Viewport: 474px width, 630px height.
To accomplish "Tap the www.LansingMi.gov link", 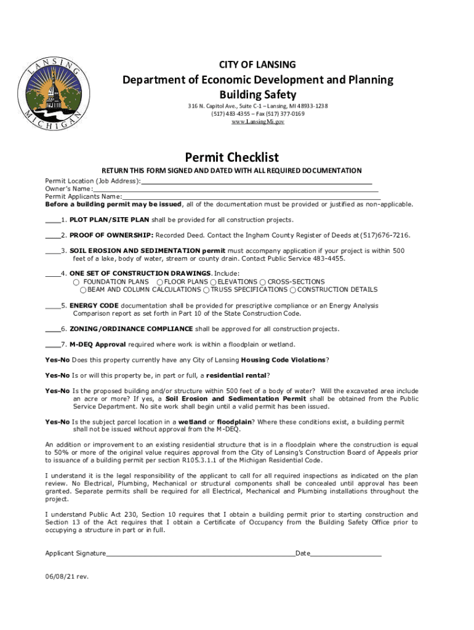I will [x=257, y=122].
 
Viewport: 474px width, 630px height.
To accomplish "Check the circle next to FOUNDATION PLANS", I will [x=76, y=282].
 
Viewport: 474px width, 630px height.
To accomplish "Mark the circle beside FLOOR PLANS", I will [x=159, y=282].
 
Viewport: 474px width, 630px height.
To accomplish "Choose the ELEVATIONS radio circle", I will [x=214, y=282].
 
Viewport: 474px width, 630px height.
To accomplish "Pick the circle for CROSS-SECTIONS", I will [x=263, y=282].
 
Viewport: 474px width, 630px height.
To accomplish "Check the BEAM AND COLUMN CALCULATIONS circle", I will [x=84, y=290].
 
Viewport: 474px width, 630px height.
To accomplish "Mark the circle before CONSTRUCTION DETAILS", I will [x=293, y=290].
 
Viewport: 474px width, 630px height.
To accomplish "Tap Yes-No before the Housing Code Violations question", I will [x=57, y=360].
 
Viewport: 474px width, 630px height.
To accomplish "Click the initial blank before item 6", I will [x=52, y=329].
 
